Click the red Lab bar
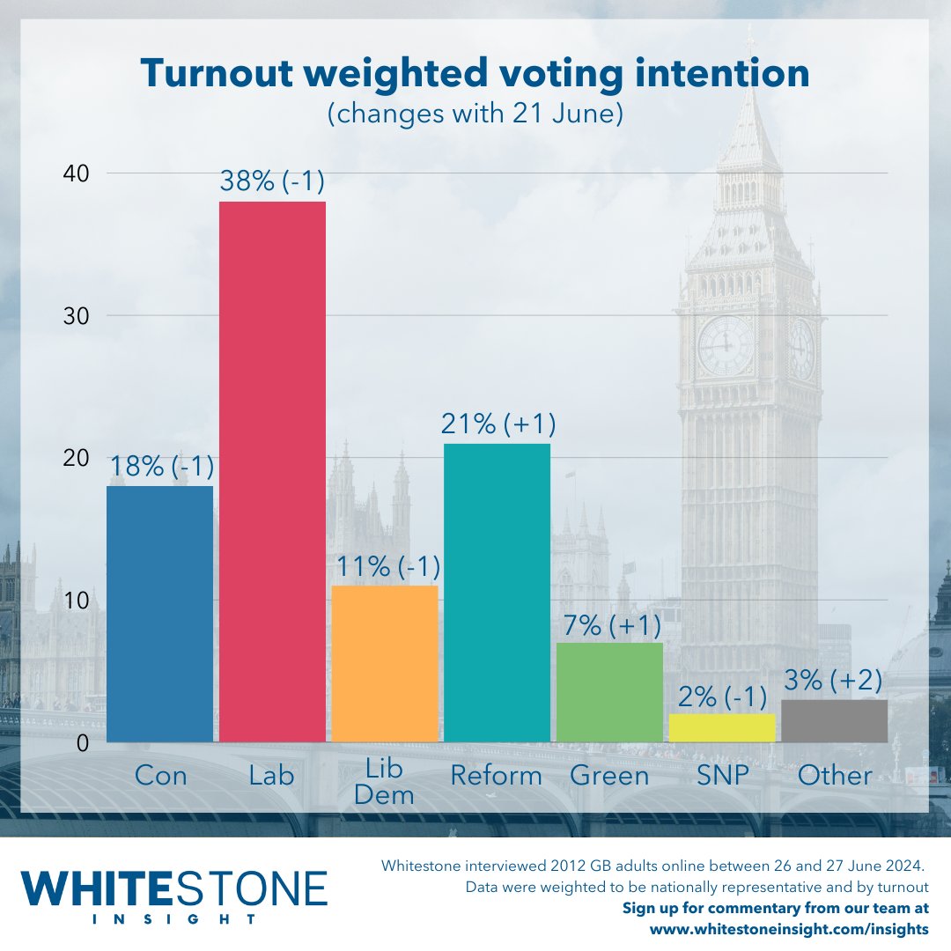coord(272,471)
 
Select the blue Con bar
coord(159,614)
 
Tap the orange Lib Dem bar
coord(385,663)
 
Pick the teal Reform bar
coord(498,593)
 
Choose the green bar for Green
coord(609,692)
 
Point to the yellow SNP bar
coord(722,727)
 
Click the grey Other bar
coord(834,720)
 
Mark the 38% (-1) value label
coord(272,182)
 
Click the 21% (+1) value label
coord(498,424)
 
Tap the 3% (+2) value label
coord(834,681)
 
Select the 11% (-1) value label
coord(385,566)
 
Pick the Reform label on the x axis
coord(497,776)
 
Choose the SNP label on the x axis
coord(722,776)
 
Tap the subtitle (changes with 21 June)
coord(475,115)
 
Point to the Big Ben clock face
coord(726,345)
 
